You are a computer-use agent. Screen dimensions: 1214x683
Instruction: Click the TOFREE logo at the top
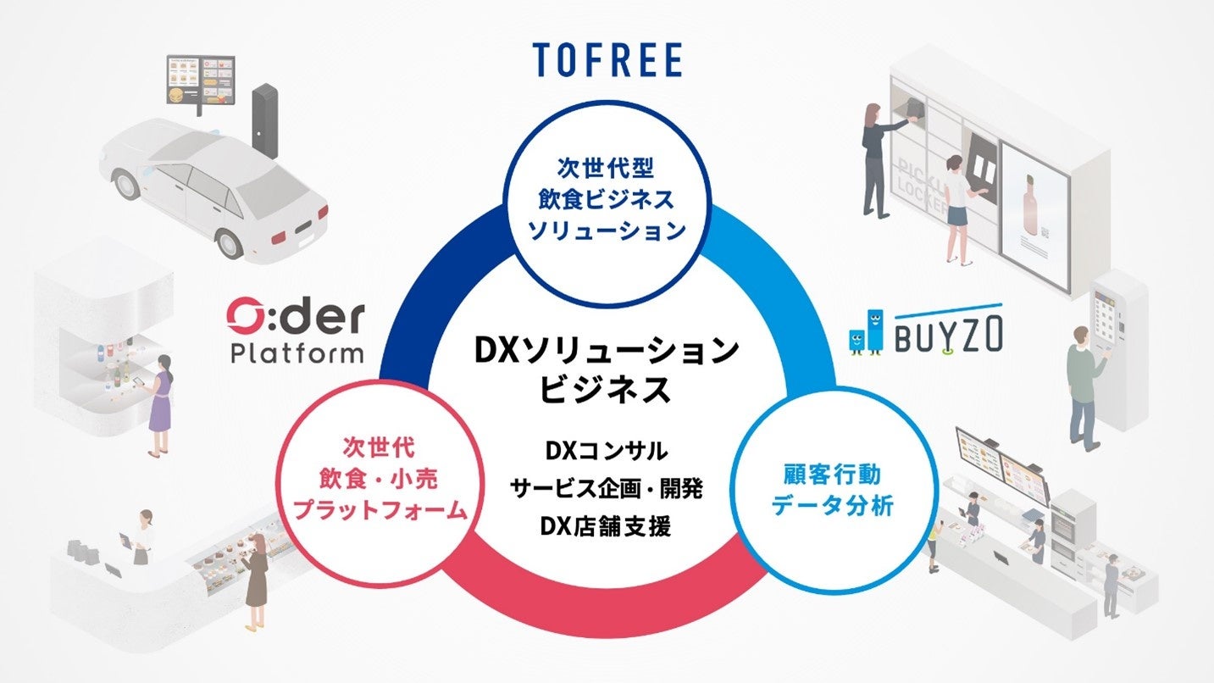click(607, 59)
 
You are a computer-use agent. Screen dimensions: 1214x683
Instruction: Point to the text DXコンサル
click(607, 450)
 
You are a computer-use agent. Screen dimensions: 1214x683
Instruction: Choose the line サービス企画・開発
click(607, 488)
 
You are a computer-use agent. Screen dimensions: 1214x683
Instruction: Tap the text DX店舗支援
click(607, 526)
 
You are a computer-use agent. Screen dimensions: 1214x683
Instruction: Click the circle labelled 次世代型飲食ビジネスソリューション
click(607, 200)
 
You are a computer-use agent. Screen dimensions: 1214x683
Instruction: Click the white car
click(212, 182)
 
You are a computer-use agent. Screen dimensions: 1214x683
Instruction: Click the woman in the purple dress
click(160, 402)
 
